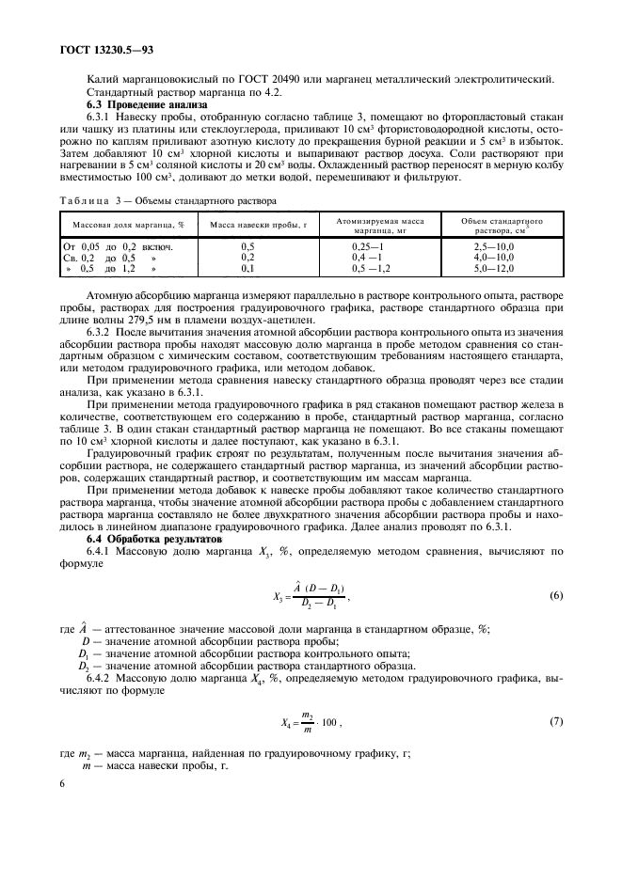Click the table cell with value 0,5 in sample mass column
247,245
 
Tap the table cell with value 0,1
247,267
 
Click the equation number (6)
556,596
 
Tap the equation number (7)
556,722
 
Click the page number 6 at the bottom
59,783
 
